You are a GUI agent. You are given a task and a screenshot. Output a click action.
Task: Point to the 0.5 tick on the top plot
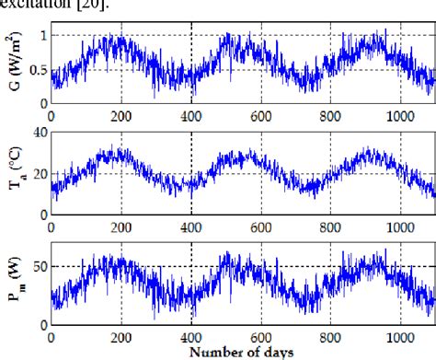(x=34, y=70)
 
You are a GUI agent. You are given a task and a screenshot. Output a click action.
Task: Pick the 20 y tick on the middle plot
(x=37, y=174)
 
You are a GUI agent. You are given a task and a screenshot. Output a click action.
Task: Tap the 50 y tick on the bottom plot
(x=37, y=266)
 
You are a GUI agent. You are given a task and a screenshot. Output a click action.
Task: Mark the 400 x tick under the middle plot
(x=191, y=226)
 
